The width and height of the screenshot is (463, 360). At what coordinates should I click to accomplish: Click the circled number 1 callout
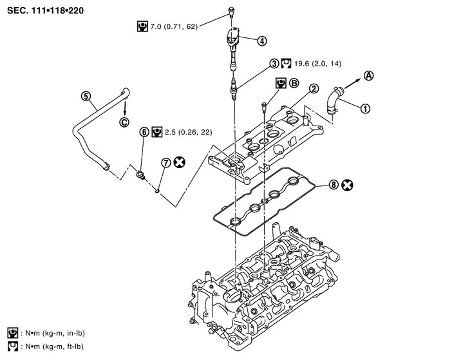(x=366, y=109)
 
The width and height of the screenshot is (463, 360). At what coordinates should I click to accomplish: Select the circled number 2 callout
(x=313, y=88)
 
